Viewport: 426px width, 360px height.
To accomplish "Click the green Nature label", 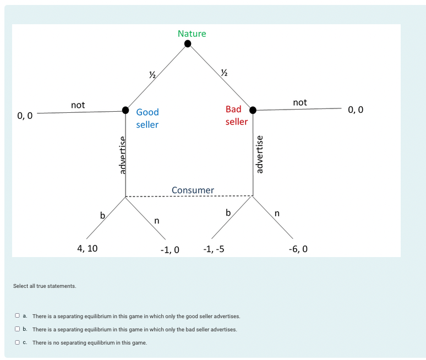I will coord(192,34).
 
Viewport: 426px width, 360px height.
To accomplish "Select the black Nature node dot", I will coord(188,43).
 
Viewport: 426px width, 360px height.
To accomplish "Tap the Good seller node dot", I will coord(125,110).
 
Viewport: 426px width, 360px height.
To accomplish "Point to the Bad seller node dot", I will coord(253,110).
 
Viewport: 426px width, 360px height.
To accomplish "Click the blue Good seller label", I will coord(147,118).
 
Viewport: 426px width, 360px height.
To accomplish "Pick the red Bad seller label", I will coord(236,115).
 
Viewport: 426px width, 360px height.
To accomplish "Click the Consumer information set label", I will coord(193,190).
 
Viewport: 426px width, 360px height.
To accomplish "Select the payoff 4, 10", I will coord(87,248).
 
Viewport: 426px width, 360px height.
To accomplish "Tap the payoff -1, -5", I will coord(213,249).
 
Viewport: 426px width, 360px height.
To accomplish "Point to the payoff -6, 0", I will coord(298,249).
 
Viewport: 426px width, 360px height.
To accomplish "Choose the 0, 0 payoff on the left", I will coord(25,116).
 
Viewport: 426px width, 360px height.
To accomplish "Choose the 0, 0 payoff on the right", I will coord(356,110).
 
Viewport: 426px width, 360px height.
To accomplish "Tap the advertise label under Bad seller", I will coord(260,154).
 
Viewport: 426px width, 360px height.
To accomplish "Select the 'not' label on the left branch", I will coord(78,105).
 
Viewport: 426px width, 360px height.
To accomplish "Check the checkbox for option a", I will coord(17,316).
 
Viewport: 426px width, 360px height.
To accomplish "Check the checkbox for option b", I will coord(17,329).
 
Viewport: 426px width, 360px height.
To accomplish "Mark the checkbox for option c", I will coord(17,342).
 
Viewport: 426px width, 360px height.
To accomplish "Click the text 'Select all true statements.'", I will coord(45,286).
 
